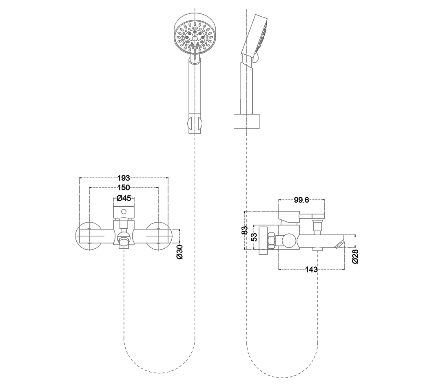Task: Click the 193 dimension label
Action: click(x=124, y=178)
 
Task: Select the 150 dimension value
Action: click(x=124, y=187)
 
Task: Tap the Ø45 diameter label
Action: click(x=124, y=198)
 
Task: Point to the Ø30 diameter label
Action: click(x=179, y=252)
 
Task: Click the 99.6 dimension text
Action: click(x=301, y=200)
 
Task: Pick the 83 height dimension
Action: click(x=244, y=230)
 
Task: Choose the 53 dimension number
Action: click(x=254, y=237)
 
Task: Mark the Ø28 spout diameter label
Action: click(x=355, y=257)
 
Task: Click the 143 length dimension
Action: click(x=311, y=269)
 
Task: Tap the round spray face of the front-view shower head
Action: click(x=195, y=37)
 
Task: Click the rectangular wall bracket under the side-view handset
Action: click(x=247, y=121)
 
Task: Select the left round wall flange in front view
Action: click(x=89, y=236)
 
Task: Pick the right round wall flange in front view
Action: click(x=158, y=236)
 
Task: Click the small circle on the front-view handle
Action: click(x=124, y=212)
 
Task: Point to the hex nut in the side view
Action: click(x=272, y=240)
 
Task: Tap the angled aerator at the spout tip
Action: click(x=339, y=244)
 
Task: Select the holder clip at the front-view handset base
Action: click(x=195, y=124)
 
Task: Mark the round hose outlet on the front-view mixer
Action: click(x=124, y=237)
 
